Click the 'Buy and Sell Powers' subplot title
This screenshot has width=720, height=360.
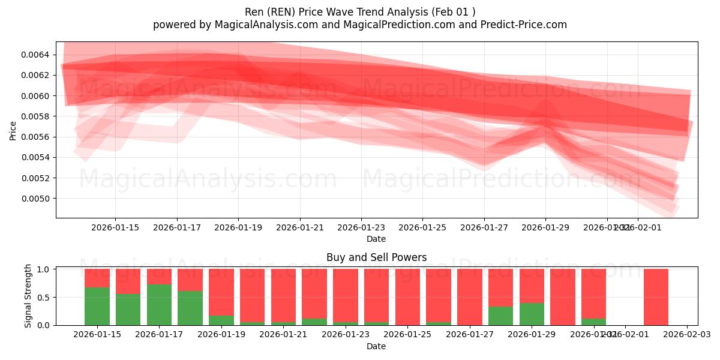tap(376, 257)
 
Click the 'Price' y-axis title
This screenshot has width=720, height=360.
tap(13, 130)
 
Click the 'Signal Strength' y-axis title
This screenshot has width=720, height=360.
tap(28, 296)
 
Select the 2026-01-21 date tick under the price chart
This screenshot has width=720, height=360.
tap(300, 228)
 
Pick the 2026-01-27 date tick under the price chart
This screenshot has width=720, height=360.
tap(484, 228)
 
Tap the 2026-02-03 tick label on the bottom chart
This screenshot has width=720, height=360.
tap(687, 335)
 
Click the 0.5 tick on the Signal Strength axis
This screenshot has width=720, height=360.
tap(43, 297)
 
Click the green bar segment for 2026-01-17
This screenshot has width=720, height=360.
tap(159, 305)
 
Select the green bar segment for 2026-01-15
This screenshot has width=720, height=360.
tap(97, 307)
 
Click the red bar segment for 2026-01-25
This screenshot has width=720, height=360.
tap(407, 297)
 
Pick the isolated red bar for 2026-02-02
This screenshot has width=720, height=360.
tap(656, 297)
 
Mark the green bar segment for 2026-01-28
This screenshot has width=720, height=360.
tap(500, 316)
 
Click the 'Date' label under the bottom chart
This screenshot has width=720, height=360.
tap(376, 346)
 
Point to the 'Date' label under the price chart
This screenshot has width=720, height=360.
tap(376, 239)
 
